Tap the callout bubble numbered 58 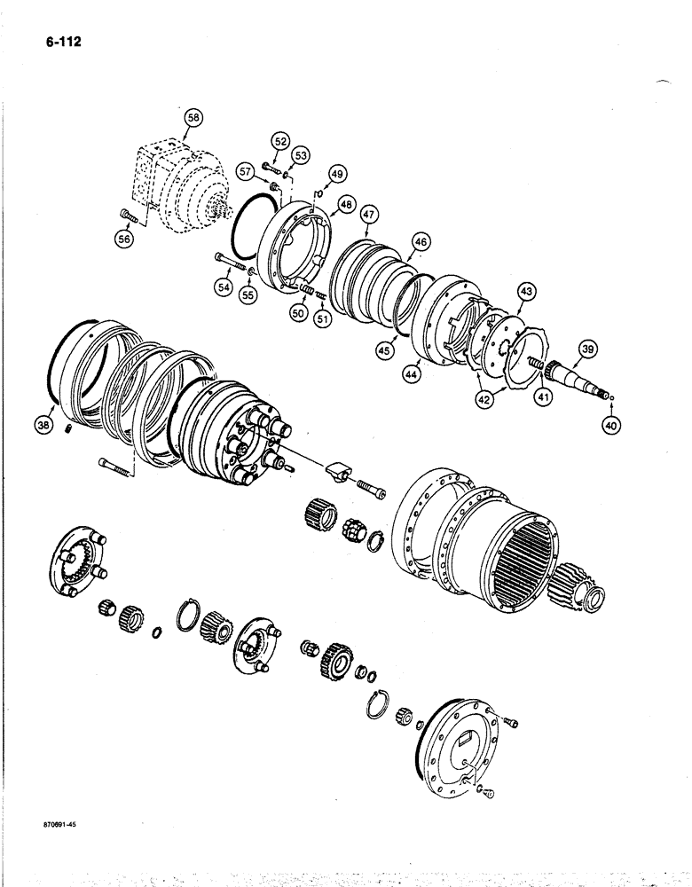pyautogui.click(x=193, y=117)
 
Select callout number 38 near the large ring pyautogui.click(x=43, y=426)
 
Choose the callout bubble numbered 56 pyautogui.click(x=125, y=239)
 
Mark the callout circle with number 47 pyautogui.click(x=369, y=213)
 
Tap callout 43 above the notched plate pyautogui.click(x=526, y=290)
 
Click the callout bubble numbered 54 pyautogui.click(x=221, y=286)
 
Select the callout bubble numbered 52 pyautogui.click(x=281, y=140)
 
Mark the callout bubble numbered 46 pyautogui.click(x=420, y=240)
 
